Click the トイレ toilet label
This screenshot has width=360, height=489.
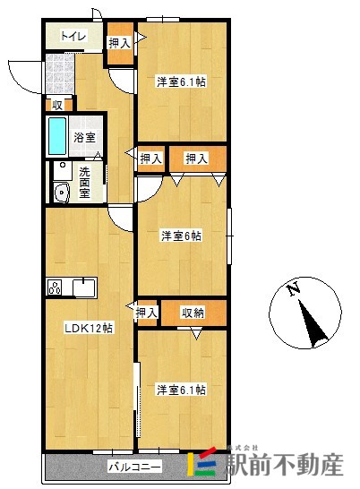pyautogui.click(x=73, y=37)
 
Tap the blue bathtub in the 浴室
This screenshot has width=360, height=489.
pyautogui.click(x=56, y=137)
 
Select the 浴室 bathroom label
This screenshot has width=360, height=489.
pyautogui.click(x=85, y=139)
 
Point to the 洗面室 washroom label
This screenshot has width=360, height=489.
pyautogui.click(x=86, y=183)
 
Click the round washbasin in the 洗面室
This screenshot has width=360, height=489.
pyautogui.click(x=61, y=192)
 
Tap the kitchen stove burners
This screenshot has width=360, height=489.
pyautogui.click(x=55, y=287)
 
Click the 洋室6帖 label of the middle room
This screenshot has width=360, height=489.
pyautogui.click(x=181, y=236)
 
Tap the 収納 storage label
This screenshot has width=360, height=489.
pyautogui.click(x=193, y=313)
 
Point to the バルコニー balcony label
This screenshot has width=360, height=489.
pyautogui.click(x=134, y=467)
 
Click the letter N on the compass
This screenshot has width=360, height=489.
pyautogui.click(x=292, y=288)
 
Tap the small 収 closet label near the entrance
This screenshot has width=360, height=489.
pyautogui.click(x=56, y=105)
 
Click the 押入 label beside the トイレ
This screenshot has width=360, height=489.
pyautogui.click(x=118, y=42)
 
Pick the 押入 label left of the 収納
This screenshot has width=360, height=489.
pyautogui.click(x=147, y=313)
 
